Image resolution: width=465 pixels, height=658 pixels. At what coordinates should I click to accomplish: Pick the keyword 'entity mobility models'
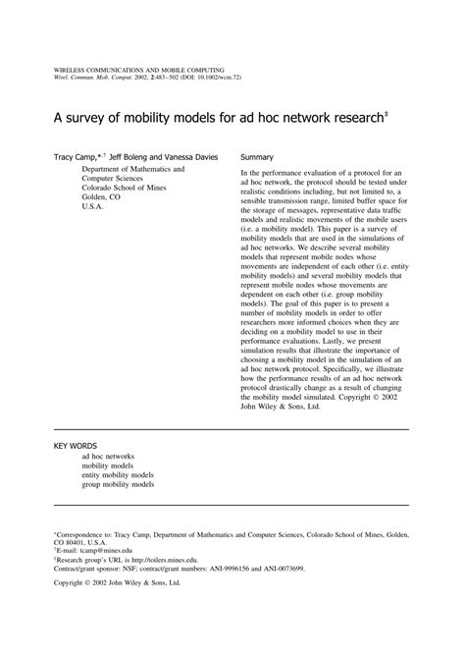118,475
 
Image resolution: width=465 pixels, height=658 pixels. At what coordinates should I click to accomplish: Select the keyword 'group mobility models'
118,485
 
